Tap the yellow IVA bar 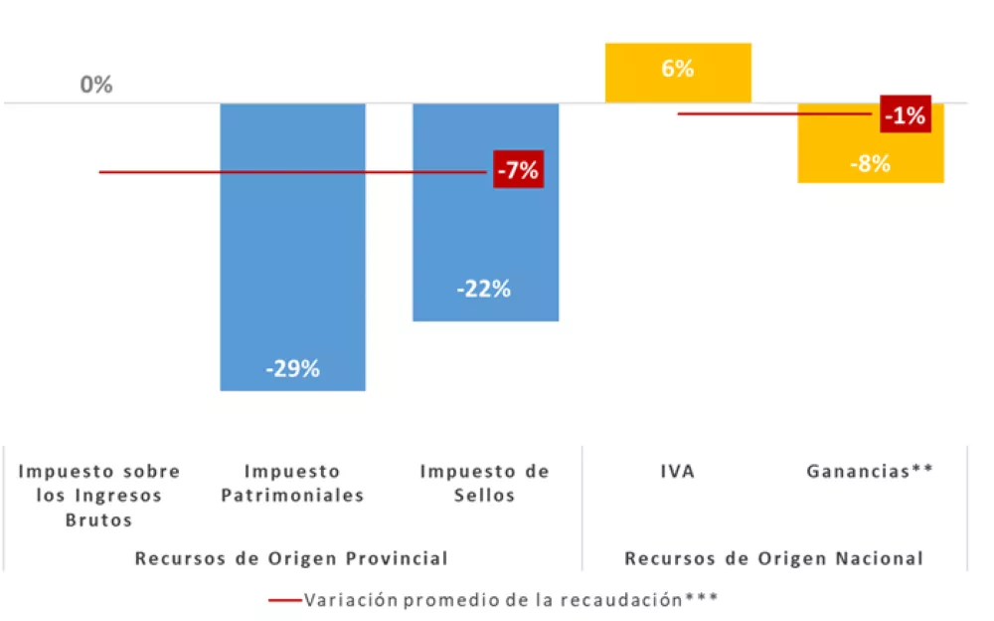678,84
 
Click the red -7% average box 518,170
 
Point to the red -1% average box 906,114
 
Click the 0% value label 96,86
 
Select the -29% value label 292,368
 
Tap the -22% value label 484,290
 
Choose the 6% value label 678,69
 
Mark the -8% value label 870,164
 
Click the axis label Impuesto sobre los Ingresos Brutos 99,495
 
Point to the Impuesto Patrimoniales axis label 291,483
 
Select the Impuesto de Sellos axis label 484,483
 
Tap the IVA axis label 677,471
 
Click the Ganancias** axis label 870,471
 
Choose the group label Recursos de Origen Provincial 291,558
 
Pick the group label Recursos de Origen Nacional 773,558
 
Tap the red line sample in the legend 284,600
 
